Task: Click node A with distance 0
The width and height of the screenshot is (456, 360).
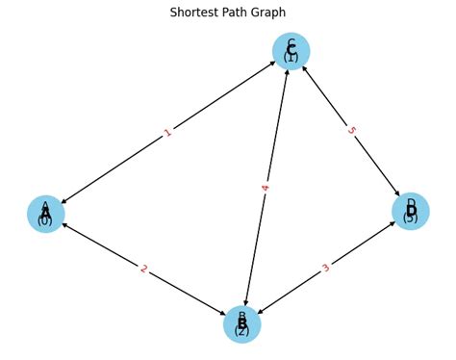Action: click(x=45, y=214)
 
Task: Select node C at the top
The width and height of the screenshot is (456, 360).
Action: click(x=291, y=51)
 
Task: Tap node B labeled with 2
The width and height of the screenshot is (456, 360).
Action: click(x=241, y=324)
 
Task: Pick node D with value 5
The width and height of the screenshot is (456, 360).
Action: click(x=410, y=211)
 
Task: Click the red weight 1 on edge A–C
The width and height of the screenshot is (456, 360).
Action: click(x=168, y=133)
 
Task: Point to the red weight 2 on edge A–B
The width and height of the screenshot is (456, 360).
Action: click(x=143, y=269)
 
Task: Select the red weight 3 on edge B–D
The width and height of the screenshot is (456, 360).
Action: click(x=326, y=268)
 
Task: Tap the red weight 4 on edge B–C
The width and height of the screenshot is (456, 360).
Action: click(x=266, y=188)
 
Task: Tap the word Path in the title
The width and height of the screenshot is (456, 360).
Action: click(x=241, y=13)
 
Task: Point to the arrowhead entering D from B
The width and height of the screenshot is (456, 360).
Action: click(x=390, y=224)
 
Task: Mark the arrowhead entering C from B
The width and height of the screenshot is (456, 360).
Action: click(x=287, y=72)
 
